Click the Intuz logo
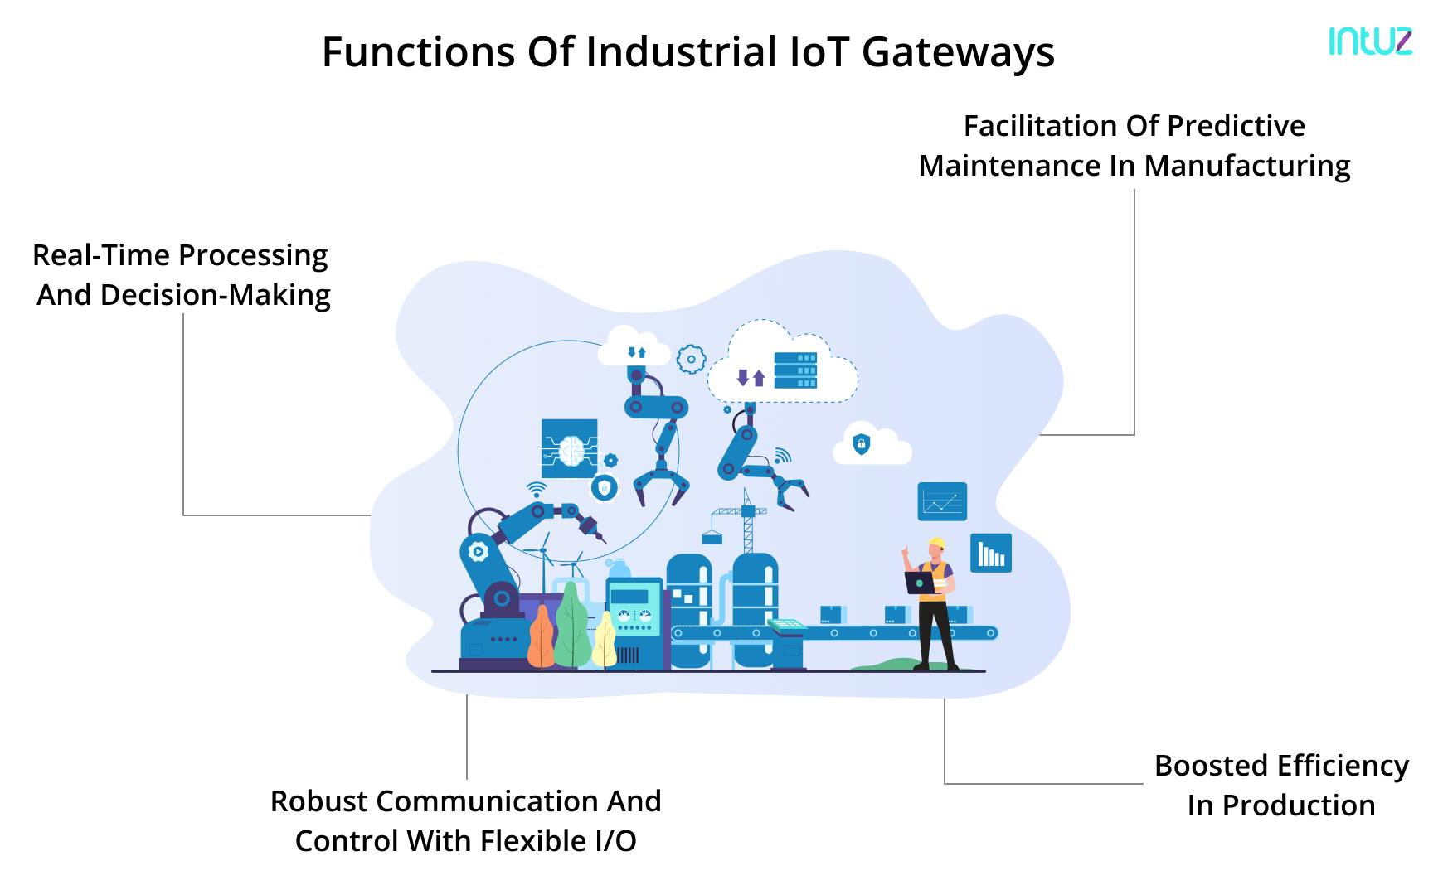coord(1369,41)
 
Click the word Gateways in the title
coord(958,51)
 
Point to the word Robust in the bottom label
coord(319,801)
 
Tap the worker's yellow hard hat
coord(937,544)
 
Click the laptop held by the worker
coord(919,583)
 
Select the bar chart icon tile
coord(990,553)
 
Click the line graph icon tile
coord(942,501)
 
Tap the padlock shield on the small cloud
coord(862,444)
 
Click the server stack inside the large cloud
coord(794,370)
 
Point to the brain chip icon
coord(569,448)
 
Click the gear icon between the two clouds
coord(690,360)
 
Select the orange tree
coord(541,638)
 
